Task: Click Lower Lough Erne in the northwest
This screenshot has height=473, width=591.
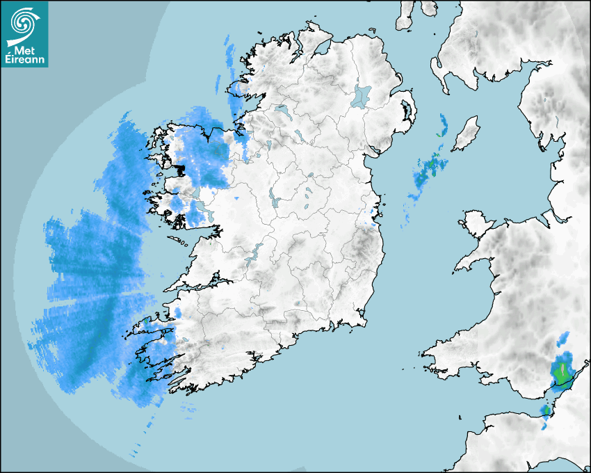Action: tap(282, 110)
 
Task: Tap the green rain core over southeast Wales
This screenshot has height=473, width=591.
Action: tap(561, 370)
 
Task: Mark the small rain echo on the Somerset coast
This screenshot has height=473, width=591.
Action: tap(547, 410)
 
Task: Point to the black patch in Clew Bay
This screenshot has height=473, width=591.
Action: tap(180, 168)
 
